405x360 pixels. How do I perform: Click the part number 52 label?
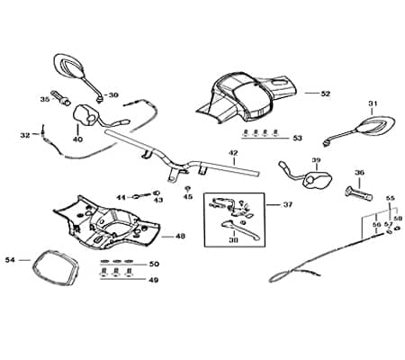[x=325, y=94]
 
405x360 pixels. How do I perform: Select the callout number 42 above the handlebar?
[x=233, y=153]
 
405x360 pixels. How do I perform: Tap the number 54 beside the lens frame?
[x=10, y=260]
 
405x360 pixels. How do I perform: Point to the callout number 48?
[x=180, y=237]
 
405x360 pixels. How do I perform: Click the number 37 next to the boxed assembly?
[x=287, y=204]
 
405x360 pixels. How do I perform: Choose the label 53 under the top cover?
[x=297, y=139]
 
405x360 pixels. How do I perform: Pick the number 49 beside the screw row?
[x=154, y=280]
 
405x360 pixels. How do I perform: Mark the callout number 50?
[x=154, y=264]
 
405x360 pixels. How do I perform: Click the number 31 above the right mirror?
[x=373, y=103]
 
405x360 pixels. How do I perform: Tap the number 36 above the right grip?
[x=359, y=173]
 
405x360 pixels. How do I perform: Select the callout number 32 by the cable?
[x=25, y=135]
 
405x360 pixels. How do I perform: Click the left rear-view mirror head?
[x=68, y=65]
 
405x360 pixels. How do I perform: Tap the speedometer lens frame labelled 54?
[x=56, y=267]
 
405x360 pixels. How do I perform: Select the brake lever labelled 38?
[x=240, y=229]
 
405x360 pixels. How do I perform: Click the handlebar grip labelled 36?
[x=359, y=193]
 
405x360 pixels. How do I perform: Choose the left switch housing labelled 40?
[x=85, y=114]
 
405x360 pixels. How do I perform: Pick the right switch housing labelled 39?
[x=318, y=180]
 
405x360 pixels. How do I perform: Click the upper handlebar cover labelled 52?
[x=247, y=96]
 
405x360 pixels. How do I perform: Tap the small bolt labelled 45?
[x=188, y=189]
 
